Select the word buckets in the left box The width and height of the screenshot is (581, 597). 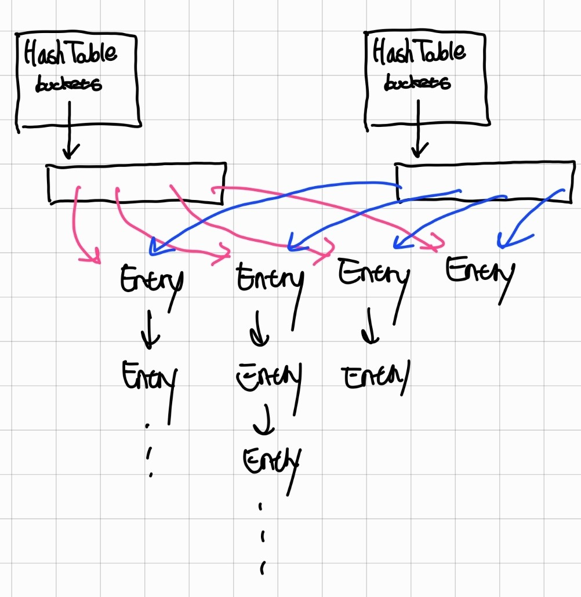pyautogui.click(x=68, y=85)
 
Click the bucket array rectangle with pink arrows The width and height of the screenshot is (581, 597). pyautogui.click(x=136, y=184)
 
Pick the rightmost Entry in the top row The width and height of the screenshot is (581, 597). pyautogui.click(x=480, y=272)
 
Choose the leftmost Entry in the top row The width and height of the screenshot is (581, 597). pyautogui.click(x=152, y=281)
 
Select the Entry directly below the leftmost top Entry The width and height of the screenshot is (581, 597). pyautogui.click(x=150, y=377)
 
